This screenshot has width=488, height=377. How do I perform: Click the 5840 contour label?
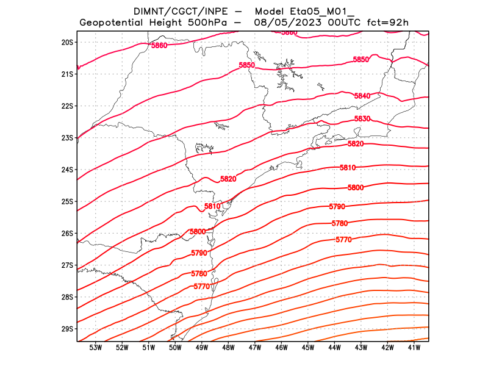[x=362, y=96]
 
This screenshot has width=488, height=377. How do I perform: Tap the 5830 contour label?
[x=362, y=119]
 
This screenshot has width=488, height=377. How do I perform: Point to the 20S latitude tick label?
[x=67, y=42]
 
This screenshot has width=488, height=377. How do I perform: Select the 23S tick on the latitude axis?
[x=67, y=138]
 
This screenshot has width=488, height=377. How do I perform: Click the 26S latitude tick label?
[x=67, y=234]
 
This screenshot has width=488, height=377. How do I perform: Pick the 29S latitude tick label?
[x=67, y=329]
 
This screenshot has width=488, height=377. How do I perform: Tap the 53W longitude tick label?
[x=96, y=348]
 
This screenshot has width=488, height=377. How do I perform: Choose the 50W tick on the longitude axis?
[x=175, y=348]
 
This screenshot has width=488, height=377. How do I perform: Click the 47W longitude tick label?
[x=255, y=348]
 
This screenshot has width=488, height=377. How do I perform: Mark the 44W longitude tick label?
[x=334, y=348]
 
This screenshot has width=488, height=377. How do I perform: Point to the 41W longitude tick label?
[x=414, y=348]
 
